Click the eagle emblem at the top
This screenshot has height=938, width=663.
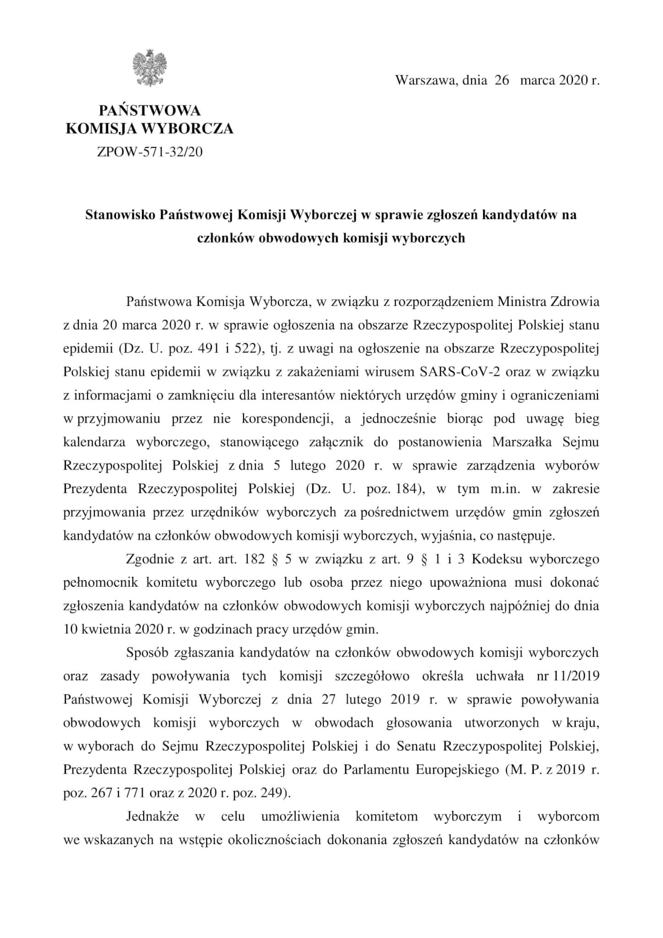[x=149, y=68]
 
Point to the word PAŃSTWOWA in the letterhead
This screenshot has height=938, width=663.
[x=150, y=110]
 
